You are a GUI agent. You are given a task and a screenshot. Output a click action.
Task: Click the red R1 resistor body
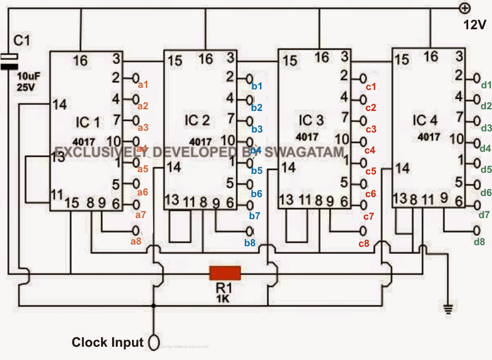(225, 273)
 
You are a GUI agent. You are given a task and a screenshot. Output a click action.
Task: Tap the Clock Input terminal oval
(154, 343)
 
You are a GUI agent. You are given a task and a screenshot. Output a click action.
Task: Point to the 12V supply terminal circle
(464, 8)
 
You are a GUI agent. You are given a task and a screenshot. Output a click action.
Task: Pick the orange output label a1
(143, 84)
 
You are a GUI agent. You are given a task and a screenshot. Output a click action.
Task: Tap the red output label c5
(371, 171)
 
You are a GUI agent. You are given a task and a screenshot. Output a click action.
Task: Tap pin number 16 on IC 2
(205, 59)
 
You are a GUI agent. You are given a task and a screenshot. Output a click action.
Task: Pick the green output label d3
(486, 128)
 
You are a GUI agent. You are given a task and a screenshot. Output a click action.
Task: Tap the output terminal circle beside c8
(363, 230)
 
